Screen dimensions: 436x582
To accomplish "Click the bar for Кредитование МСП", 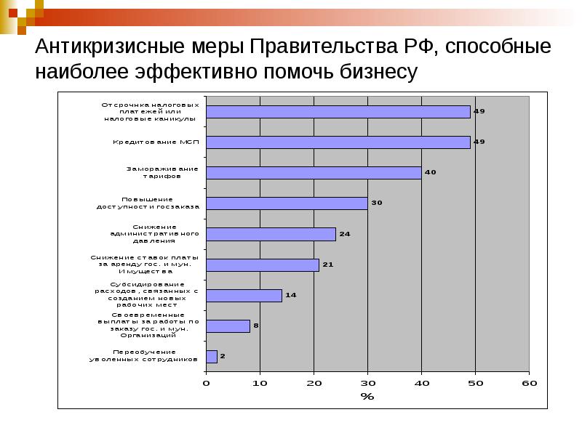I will (338, 142).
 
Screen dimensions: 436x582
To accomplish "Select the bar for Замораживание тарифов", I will (314, 173).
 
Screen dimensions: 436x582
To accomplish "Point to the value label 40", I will (430, 172).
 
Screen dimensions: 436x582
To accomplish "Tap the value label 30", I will (376, 203).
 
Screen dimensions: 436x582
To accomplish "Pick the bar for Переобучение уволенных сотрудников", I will (212, 356).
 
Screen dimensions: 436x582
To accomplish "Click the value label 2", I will (223, 356).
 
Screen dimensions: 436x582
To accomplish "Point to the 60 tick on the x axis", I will (529, 382).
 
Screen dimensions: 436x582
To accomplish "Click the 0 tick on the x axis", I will (206, 382).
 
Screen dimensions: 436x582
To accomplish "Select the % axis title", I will (367, 396).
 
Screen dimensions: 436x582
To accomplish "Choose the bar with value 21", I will (263, 265).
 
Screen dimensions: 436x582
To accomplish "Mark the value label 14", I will (290, 295).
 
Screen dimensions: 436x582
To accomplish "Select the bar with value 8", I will (228, 326).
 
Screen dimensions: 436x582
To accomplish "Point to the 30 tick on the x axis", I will (367, 382).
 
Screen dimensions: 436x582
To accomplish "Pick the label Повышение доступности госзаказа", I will (148, 203).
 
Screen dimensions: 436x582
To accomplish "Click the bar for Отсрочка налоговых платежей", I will (338, 112).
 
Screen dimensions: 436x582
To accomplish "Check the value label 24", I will (344, 234).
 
